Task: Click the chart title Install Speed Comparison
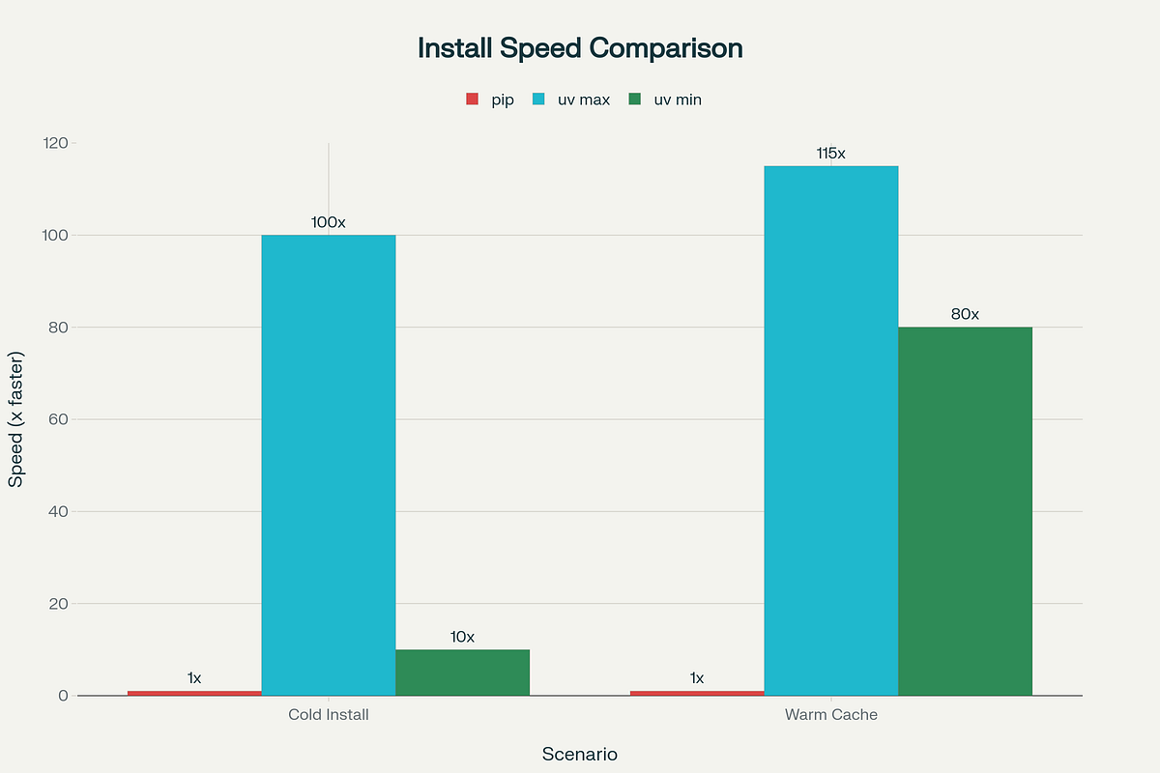(x=580, y=48)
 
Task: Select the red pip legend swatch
(x=473, y=100)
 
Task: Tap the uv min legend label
(x=678, y=100)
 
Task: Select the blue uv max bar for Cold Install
(x=329, y=464)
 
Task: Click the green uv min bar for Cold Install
(x=462, y=673)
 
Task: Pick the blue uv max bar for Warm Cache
(x=830, y=430)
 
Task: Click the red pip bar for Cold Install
(x=194, y=693)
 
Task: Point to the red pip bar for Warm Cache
(x=697, y=693)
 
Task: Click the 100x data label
(x=329, y=222)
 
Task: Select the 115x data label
(x=830, y=154)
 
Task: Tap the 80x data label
(x=965, y=315)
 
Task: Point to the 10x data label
(x=462, y=637)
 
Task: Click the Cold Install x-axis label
(x=329, y=716)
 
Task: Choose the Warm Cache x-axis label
(x=830, y=716)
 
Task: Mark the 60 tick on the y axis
(x=57, y=419)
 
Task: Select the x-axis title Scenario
(x=580, y=754)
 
